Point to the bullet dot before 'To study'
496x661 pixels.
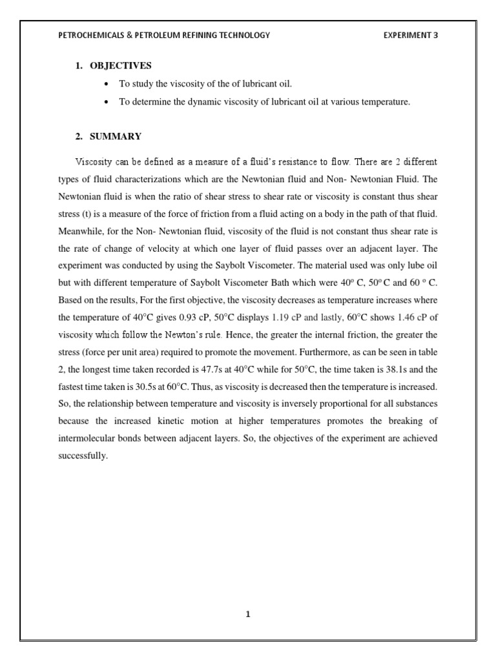pyautogui.click(x=105, y=85)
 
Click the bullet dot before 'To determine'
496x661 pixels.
pyautogui.click(x=105, y=102)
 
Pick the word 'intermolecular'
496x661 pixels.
pyautogui.click(x=87, y=438)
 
